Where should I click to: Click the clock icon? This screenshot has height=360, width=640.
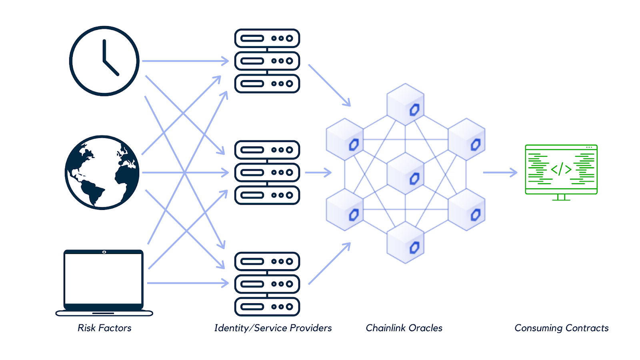tap(104, 61)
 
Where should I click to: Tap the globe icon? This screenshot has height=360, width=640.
tap(102, 172)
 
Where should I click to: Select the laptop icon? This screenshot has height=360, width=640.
tap(104, 282)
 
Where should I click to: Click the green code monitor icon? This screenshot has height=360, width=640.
tap(561, 172)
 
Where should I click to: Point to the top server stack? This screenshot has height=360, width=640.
tap(267, 61)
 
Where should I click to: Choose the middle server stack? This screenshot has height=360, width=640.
tap(267, 172)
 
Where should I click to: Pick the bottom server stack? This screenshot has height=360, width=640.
tap(267, 284)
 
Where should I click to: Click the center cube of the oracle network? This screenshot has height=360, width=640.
tap(405, 173)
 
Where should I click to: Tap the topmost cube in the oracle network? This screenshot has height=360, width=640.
tap(405, 104)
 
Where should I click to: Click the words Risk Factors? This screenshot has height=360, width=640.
tap(104, 328)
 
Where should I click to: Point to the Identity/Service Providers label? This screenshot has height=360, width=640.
tap(273, 328)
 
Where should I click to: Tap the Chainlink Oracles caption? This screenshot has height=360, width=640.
tap(404, 328)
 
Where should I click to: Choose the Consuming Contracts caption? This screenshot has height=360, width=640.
tap(561, 328)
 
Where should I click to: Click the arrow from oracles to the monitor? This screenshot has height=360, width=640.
tap(500, 172)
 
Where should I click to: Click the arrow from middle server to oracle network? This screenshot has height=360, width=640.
tap(318, 172)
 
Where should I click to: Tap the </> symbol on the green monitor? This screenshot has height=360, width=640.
tap(561, 169)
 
